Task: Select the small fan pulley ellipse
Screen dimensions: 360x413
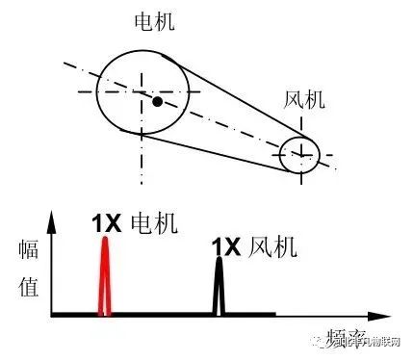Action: tap(304, 154)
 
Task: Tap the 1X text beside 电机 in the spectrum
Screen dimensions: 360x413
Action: tap(106, 223)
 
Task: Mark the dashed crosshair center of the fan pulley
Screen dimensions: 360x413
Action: tap(303, 154)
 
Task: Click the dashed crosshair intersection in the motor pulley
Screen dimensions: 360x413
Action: tap(144, 92)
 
